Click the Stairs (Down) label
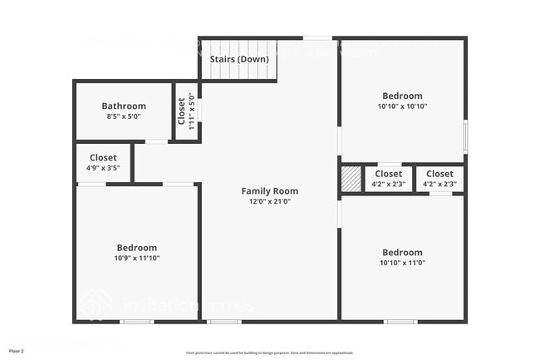tap(238, 60)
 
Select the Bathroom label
tap(124, 106)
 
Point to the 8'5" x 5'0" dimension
tap(124, 116)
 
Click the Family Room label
tap(270, 191)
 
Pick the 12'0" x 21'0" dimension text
tap(270, 202)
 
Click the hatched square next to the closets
tap(351, 179)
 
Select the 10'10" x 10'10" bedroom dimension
tap(402, 106)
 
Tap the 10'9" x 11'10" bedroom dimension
tap(136, 259)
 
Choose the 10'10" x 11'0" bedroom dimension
tap(402, 263)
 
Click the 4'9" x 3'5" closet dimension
tap(103, 168)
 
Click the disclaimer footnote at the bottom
tap(270, 353)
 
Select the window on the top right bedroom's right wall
tap(465, 136)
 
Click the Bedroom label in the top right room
tap(402, 96)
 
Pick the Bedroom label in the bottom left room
tap(136, 248)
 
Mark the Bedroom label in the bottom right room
tap(402, 252)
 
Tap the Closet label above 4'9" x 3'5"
tap(103, 157)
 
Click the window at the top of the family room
tap(317, 37)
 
